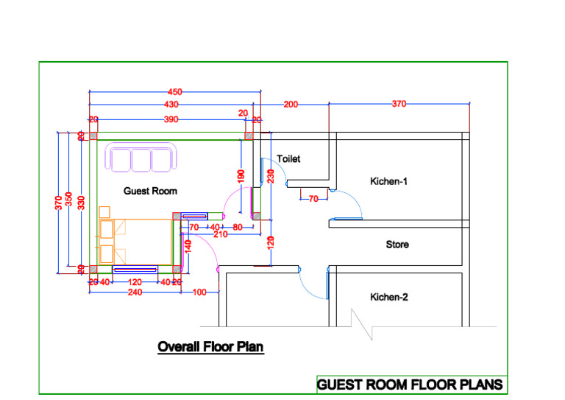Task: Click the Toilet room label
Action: (x=288, y=158)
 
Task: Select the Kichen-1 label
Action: (x=388, y=180)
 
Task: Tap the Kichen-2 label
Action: (x=388, y=297)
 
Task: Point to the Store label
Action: (x=397, y=244)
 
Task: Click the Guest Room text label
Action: (x=150, y=191)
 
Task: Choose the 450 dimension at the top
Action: (x=174, y=92)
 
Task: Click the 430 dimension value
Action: (x=171, y=105)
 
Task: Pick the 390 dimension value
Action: (x=171, y=119)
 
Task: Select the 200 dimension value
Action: (x=291, y=105)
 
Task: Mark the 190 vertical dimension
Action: (x=241, y=177)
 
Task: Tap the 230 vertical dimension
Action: (x=271, y=177)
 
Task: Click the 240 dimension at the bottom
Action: (x=135, y=292)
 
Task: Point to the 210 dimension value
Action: (x=220, y=234)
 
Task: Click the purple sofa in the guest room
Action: (x=143, y=158)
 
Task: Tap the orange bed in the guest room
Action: (x=132, y=241)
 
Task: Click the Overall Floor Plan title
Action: (x=210, y=346)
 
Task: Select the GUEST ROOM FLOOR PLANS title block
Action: (x=410, y=385)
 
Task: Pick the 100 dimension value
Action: (x=199, y=292)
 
